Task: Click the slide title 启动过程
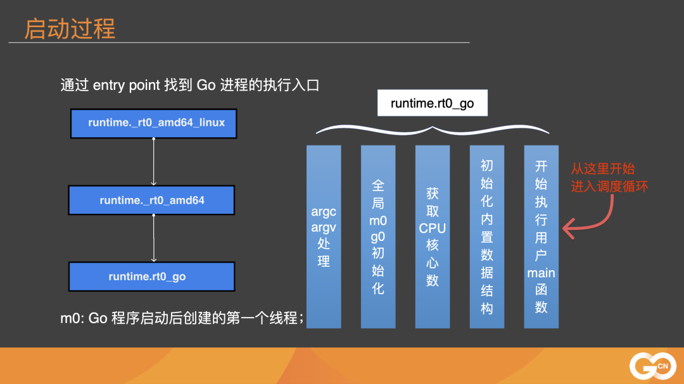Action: [x=70, y=29]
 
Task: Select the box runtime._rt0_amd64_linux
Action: [x=153, y=123]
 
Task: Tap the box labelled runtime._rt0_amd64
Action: [x=151, y=201]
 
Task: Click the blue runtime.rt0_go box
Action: [x=151, y=277]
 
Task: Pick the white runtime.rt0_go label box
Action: [x=432, y=103]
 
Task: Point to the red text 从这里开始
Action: [x=602, y=169]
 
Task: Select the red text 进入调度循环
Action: [x=609, y=187]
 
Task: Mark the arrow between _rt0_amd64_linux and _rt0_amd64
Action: [x=154, y=161]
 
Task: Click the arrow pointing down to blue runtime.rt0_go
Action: [x=154, y=238]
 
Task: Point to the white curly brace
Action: [x=432, y=128]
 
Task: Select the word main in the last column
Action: [x=541, y=273]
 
